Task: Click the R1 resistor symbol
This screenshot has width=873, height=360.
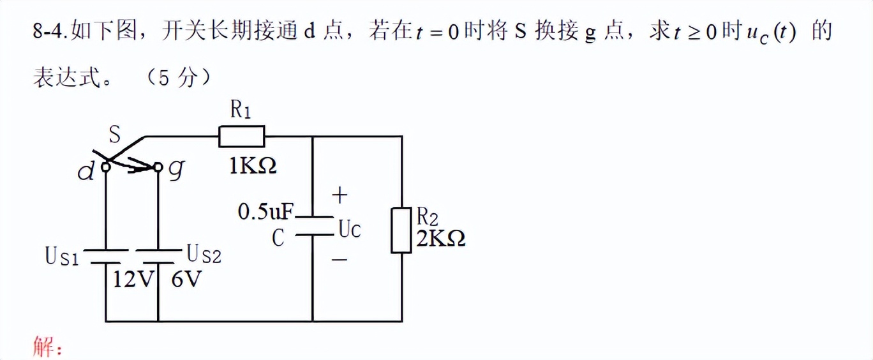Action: tap(241, 137)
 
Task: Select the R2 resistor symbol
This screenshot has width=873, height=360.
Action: tap(401, 230)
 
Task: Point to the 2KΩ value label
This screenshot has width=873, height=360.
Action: tap(440, 239)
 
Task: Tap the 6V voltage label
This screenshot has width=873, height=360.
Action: tap(186, 280)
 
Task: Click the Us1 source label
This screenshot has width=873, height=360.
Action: tap(62, 257)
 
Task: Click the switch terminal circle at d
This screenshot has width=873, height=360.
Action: tap(105, 167)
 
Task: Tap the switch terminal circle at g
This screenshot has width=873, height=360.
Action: tap(158, 167)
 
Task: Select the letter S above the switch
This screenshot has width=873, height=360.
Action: tap(114, 135)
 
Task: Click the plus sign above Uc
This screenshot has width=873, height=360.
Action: tap(341, 195)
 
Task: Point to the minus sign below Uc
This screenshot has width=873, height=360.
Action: tap(340, 260)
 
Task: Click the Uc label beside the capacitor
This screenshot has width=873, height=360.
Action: tap(349, 229)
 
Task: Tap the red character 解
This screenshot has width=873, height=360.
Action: tap(43, 348)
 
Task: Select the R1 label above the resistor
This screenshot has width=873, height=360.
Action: tap(241, 110)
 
